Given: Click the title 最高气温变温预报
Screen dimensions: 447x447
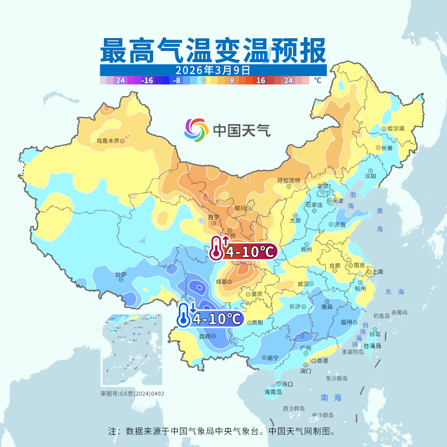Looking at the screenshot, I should pyautogui.click(x=213, y=51).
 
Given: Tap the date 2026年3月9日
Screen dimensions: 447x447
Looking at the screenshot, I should pyautogui.click(x=213, y=70).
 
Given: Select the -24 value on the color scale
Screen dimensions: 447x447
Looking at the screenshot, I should pyautogui.click(x=119, y=81).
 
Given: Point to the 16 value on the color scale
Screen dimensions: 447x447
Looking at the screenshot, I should pyautogui.click(x=260, y=81).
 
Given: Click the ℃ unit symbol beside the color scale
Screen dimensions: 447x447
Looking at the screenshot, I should pyautogui.click(x=317, y=80).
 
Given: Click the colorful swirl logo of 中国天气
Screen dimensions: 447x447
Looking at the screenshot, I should pyautogui.click(x=196, y=130).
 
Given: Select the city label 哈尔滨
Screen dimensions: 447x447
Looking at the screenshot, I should pyautogui.click(x=396, y=129).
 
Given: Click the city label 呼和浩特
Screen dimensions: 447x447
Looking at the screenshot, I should pyautogui.click(x=288, y=180).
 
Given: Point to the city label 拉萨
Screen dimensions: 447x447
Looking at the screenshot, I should pyautogui.click(x=121, y=274).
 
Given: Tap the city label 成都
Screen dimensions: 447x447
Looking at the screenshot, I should pyautogui.click(x=221, y=281).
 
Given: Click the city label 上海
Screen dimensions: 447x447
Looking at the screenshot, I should pyautogui.click(x=377, y=272).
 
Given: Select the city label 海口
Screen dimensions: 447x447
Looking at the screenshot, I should pyautogui.click(x=287, y=384).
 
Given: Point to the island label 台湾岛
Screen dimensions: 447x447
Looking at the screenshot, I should pyautogui.click(x=372, y=346).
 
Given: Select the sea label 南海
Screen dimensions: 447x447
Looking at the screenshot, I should pyautogui.click(x=331, y=398).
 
